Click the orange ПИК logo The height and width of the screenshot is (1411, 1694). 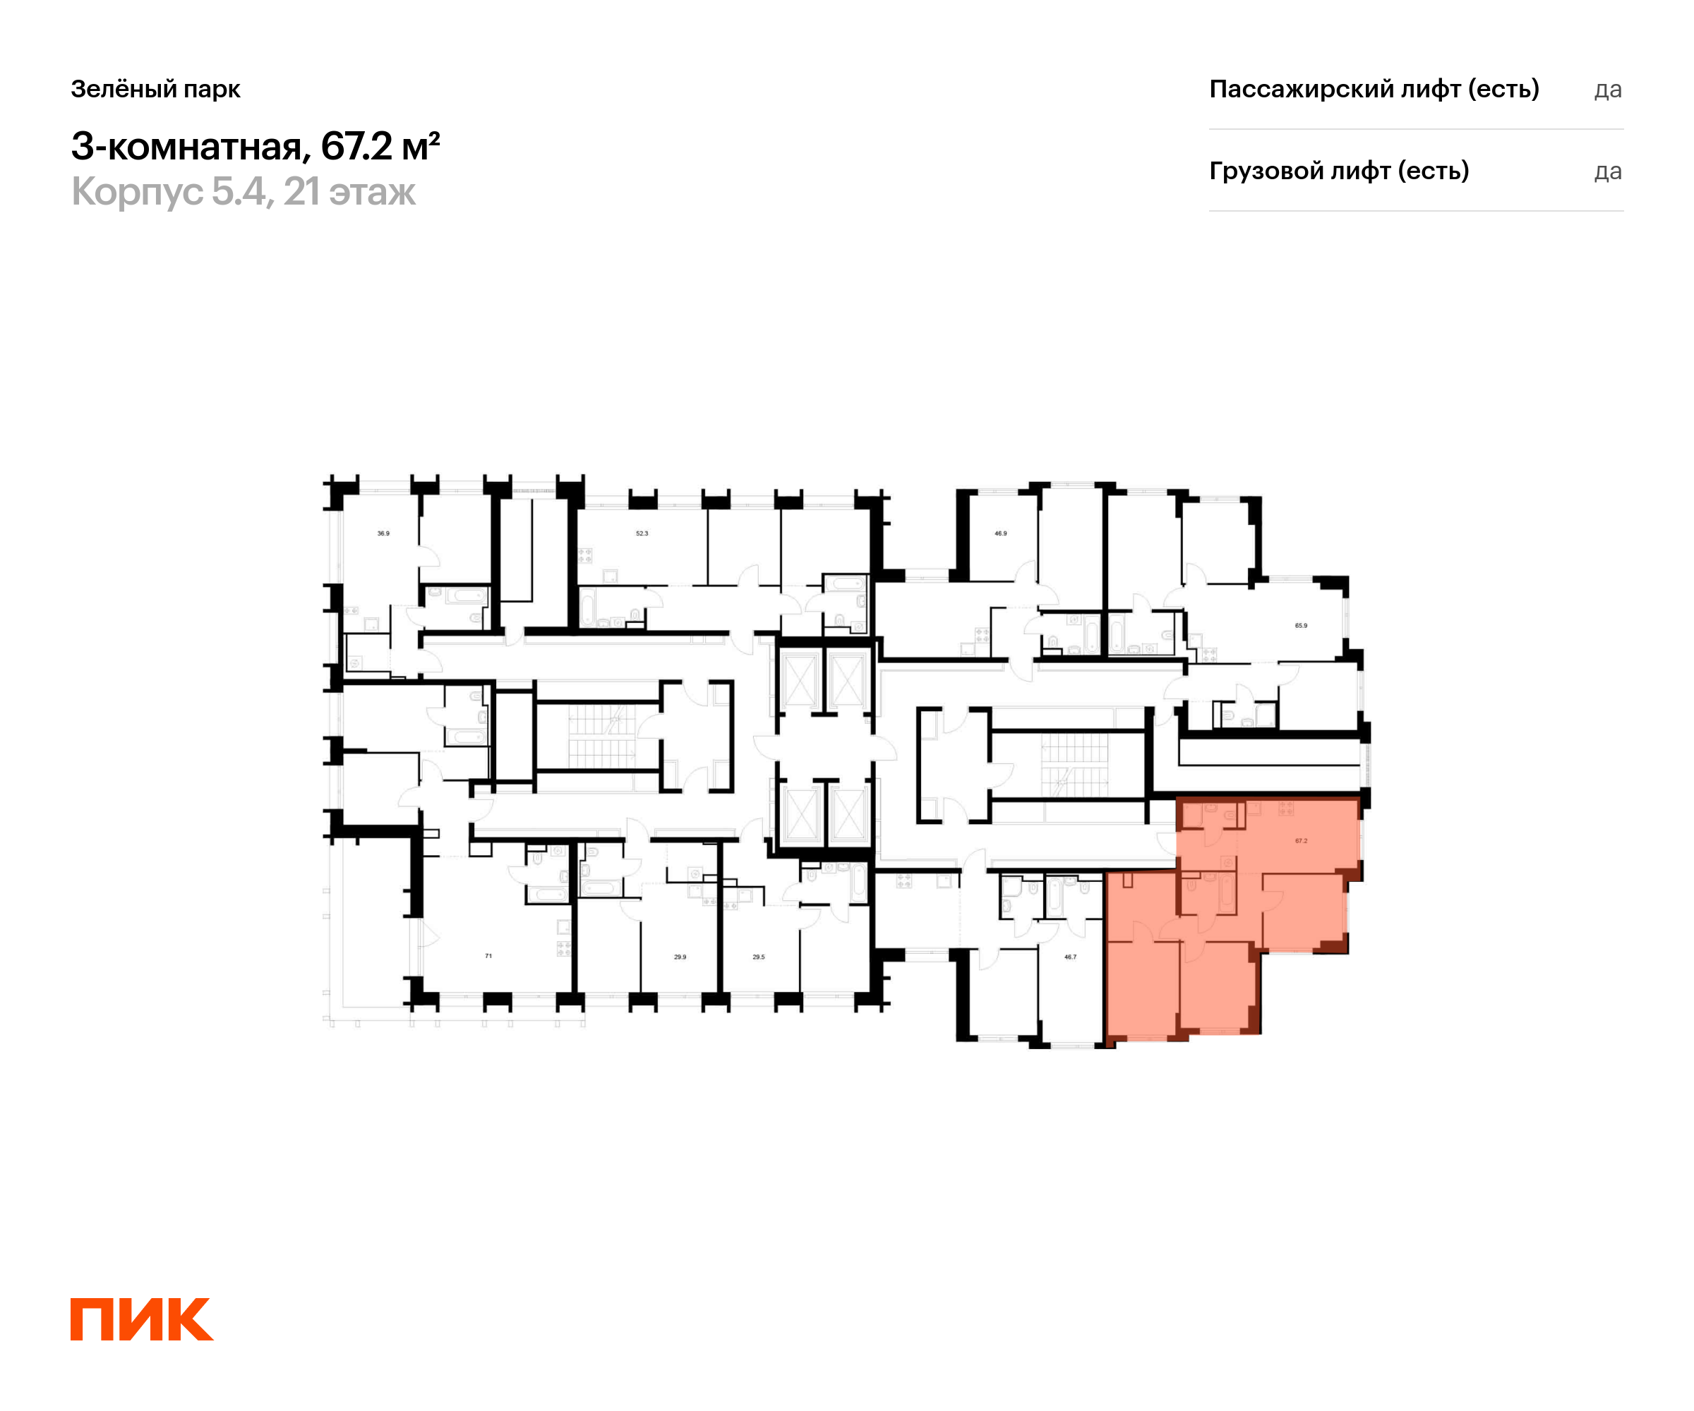click(142, 1319)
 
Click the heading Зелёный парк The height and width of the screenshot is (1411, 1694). click(156, 89)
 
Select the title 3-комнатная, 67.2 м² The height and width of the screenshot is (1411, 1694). click(256, 146)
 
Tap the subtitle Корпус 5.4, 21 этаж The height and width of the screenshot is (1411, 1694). click(244, 192)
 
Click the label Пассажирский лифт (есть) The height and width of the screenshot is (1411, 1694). click(1374, 89)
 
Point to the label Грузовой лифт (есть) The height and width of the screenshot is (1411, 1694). click(1339, 171)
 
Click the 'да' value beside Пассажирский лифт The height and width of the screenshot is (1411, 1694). click(1608, 90)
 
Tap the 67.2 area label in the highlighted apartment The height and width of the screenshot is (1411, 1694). click(1301, 841)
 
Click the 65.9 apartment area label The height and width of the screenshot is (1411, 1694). click(1301, 625)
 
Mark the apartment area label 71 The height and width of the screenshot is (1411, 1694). click(488, 955)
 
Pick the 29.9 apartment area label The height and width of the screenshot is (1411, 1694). click(680, 957)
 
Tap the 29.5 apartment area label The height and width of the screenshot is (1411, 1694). click(758, 957)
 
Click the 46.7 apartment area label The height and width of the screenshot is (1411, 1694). click(1069, 957)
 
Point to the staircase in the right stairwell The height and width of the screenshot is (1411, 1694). click(1074, 765)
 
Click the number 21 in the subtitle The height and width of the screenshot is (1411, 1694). click(301, 192)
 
